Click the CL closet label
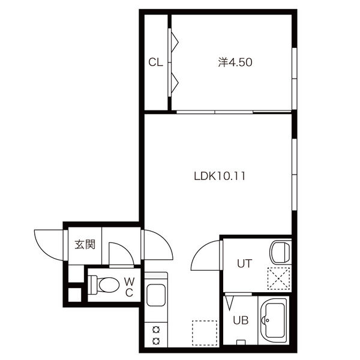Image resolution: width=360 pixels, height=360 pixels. click(x=155, y=62)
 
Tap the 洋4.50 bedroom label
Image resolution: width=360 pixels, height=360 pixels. click(x=235, y=62)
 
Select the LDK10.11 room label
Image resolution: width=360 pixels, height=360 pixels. click(x=220, y=176)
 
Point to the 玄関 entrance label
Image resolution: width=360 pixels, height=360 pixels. click(x=85, y=245)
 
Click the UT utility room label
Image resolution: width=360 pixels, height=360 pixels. click(x=245, y=263)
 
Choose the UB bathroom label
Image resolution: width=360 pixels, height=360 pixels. click(x=241, y=320)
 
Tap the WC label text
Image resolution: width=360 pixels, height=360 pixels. click(x=130, y=287)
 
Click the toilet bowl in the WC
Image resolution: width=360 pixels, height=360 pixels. click(x=109, y=285)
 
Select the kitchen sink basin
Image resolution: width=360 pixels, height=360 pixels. click(x=156, y=295)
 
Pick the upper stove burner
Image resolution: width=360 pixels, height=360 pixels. click(x=156, y=330)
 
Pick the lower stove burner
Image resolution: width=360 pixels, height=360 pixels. click(x=156, y=341)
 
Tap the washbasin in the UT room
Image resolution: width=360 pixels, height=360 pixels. click(x=281, y=252)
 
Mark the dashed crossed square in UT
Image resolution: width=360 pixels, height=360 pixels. click(x=279, y=278)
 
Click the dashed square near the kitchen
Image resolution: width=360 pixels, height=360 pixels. click(x=205, y=333)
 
